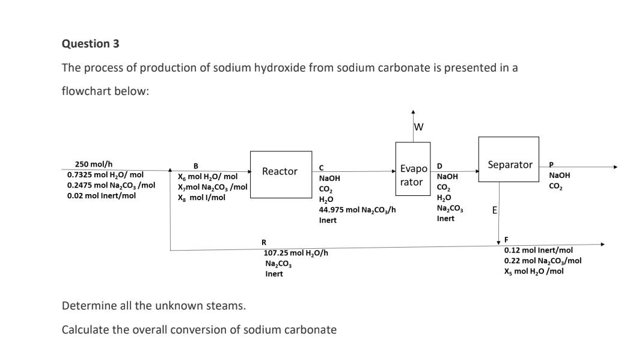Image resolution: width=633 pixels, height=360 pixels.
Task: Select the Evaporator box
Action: [412, 175]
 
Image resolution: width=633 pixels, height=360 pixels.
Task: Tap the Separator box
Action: [509, 165]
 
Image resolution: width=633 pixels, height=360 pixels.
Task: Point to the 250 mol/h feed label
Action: [94, 164]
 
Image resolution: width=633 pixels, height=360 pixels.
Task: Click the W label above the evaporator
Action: [419, 127]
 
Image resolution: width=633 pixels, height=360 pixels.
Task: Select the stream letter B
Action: [194, 166]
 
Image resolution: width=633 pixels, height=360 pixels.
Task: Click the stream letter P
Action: [552, 165]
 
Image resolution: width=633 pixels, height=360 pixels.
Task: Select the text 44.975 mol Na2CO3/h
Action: [357, 210]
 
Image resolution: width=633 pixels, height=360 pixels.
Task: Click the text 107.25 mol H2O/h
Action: [296, 253]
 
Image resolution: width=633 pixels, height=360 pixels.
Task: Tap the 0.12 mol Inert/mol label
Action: [538, 250]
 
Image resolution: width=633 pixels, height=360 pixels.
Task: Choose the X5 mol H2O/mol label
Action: [534, 271]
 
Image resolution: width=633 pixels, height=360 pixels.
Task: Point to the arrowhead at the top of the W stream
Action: [413, 112]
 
